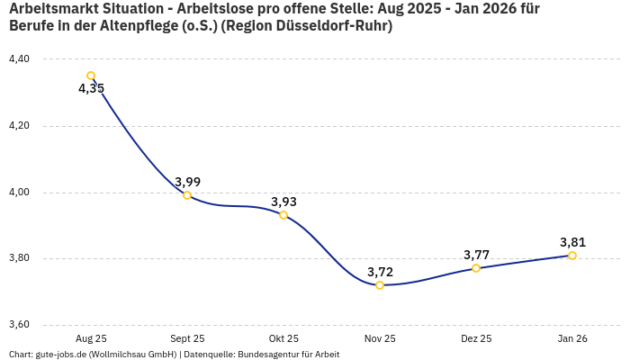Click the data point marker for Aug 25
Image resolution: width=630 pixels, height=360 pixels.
click(x=91, y=76)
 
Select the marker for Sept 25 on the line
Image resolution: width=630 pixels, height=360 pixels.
click(x=187, y=195)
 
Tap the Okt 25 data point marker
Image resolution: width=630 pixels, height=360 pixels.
click(x=283, y=215)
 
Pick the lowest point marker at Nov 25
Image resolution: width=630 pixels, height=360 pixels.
click(x=380, y=285)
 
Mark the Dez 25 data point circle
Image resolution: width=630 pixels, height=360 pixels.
click(x=476, y=268)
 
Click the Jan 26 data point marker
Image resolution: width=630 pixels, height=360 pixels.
click(x=572, y=256)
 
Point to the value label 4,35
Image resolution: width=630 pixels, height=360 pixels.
click(x=91, y=89)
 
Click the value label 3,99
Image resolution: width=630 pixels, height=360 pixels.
click(x=187, y=182)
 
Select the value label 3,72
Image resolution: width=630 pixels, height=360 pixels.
click(x=380, y=272)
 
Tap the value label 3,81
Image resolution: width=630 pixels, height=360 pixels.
click(x=572, y=242)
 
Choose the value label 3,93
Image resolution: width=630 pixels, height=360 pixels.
click(x=283, y=202)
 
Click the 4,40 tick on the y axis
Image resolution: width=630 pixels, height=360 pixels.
click(x=19, y=59)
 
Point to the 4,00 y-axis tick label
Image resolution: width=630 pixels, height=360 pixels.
click(x=19, y=193)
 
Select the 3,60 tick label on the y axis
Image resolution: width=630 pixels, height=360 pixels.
click(x=19, y=325)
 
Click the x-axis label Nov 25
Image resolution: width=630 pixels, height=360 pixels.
click(x=380, y=339)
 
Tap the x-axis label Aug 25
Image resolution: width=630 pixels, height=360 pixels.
click(x=91, y=339)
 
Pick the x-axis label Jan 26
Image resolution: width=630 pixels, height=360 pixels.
click(x=572, y=339)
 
